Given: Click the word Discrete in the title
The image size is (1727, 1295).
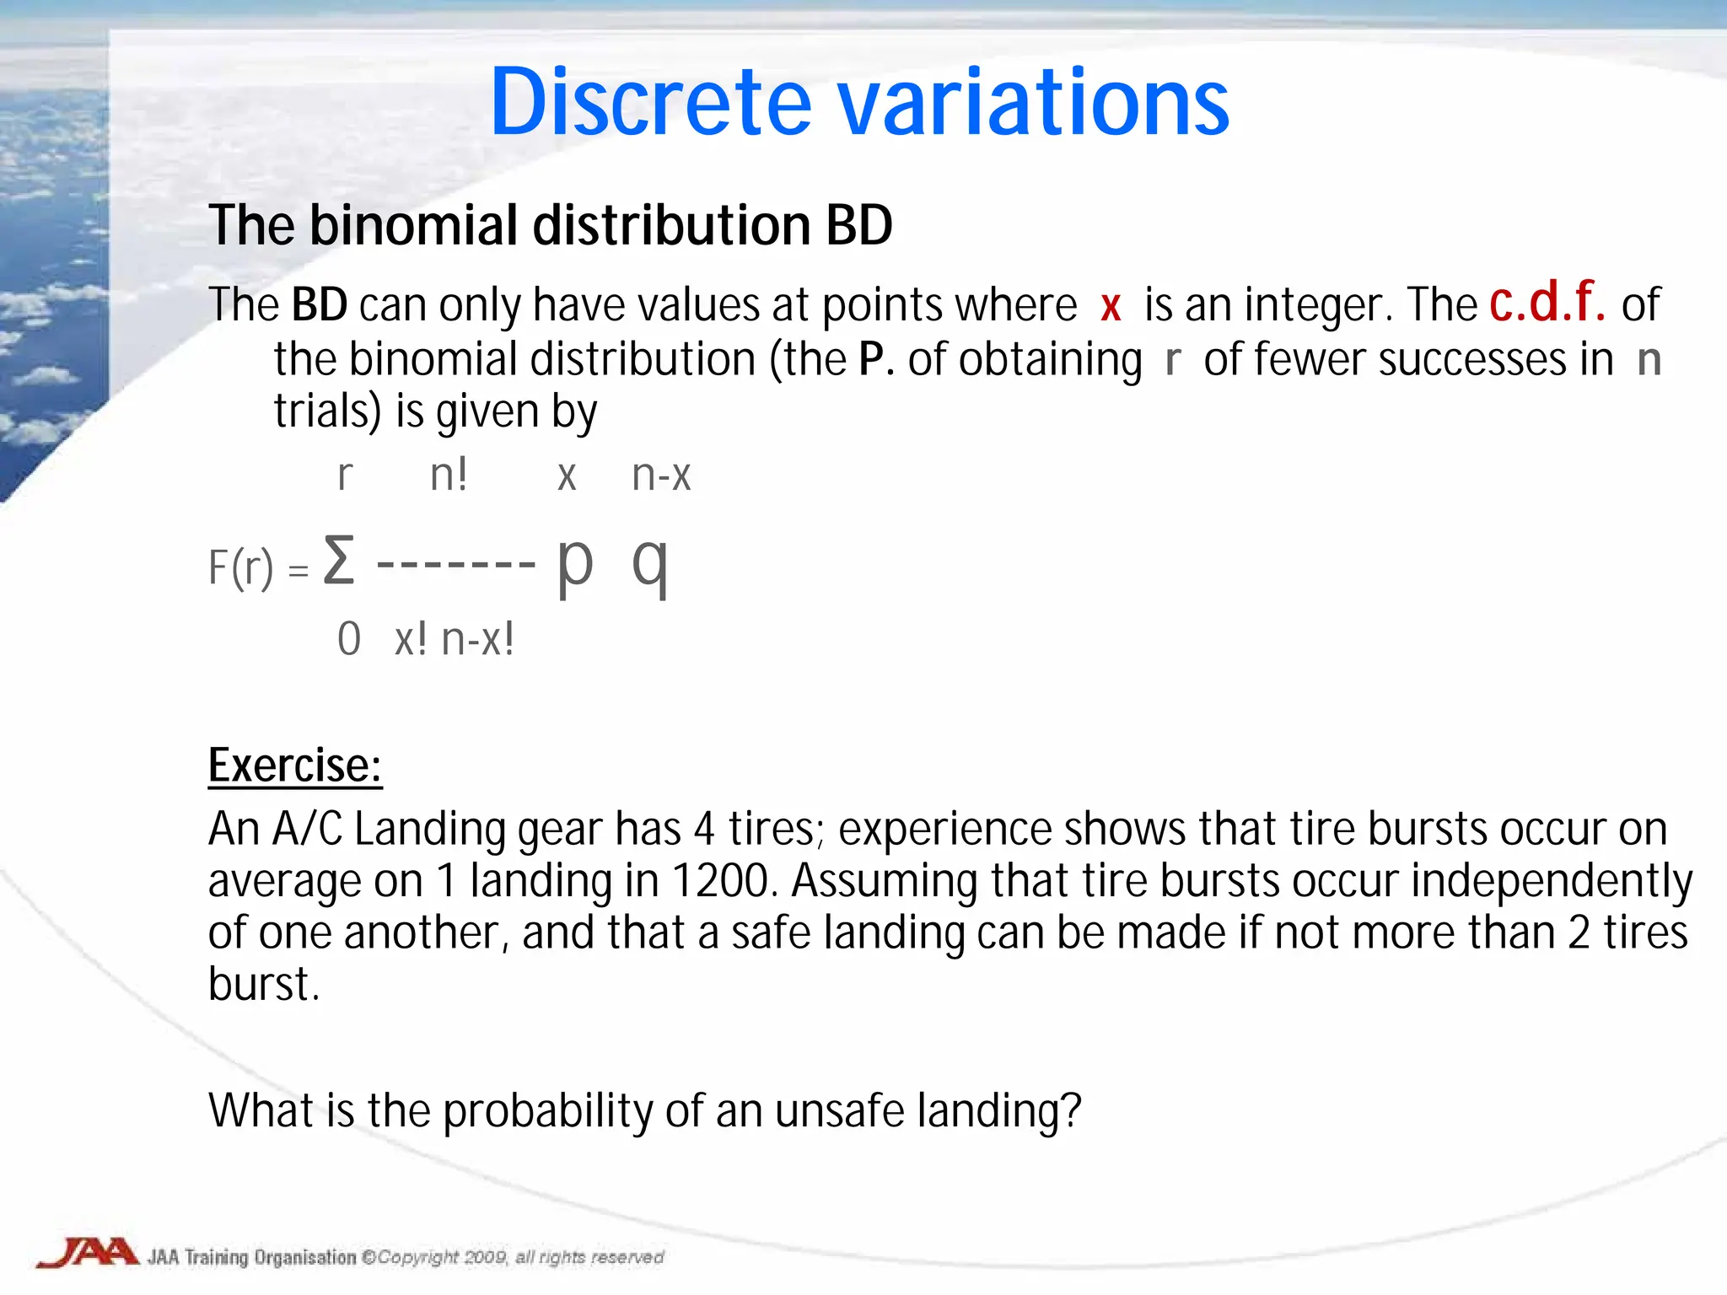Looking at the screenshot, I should coord(650,102).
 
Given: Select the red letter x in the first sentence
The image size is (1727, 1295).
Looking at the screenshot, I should coord(1111,305).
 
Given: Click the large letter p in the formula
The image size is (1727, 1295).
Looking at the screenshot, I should coord(575,563).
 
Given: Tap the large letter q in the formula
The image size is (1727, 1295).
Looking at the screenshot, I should coord(651,563).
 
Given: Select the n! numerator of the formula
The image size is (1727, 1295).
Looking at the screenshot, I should coord(448,475).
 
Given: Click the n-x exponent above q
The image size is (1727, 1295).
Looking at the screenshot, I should coord(661,475).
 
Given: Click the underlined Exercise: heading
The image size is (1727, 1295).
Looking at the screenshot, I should coord(295,766).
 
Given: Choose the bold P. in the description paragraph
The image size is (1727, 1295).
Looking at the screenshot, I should coord(875,359).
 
